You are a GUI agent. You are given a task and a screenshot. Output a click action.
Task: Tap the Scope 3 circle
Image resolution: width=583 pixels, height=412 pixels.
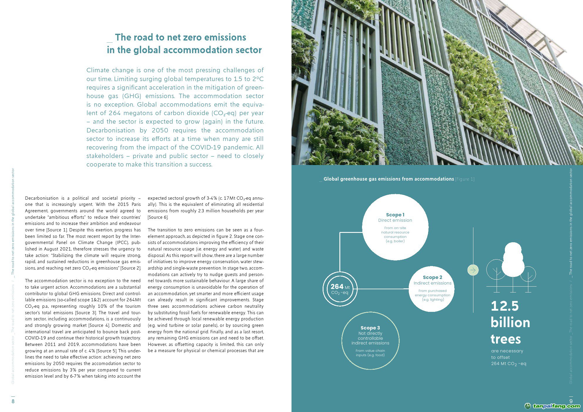click(370, 341)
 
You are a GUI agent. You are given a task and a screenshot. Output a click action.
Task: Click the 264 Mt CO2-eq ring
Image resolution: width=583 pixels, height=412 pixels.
click(340, 289)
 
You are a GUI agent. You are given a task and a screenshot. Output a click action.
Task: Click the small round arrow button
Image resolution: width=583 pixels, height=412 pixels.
click(473, 270)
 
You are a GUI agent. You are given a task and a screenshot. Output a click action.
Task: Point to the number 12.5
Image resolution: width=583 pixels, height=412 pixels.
click(505, 306)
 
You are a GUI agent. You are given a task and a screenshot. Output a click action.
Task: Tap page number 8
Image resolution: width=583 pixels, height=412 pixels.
click(13, 401)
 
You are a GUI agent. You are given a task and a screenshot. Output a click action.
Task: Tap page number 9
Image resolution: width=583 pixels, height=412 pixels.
click(571, 401)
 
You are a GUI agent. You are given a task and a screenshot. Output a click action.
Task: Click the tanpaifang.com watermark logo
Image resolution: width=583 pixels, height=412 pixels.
click(552, 406)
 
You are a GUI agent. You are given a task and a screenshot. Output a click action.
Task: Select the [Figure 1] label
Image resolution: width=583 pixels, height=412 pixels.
click(465, 179)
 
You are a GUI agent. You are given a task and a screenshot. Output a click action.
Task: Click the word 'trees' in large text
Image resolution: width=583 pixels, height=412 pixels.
click(506, 339)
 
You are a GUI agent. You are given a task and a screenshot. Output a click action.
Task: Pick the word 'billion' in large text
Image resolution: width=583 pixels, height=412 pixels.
click(510, 323)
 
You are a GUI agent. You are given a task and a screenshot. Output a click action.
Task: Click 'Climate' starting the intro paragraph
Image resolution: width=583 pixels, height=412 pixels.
click(98, 70)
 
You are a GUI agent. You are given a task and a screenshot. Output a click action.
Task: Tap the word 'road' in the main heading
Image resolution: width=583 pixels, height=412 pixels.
click(143, 38)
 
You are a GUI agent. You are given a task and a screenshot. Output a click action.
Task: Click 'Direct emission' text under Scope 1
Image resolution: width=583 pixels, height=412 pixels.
click(395, 220)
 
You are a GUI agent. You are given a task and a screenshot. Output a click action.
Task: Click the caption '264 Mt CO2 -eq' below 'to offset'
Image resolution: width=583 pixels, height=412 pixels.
click(509, 364)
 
